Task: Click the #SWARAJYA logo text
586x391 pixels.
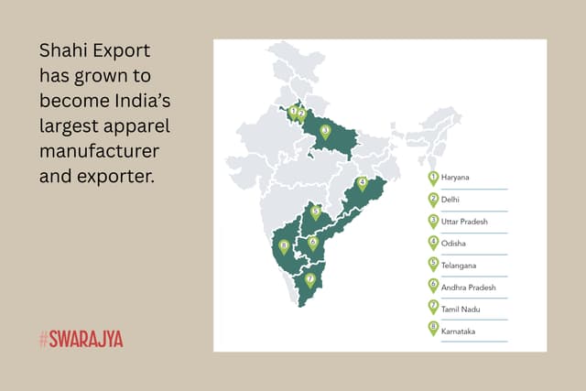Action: click(81, 339)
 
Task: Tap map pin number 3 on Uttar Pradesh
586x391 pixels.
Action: click(325, 131)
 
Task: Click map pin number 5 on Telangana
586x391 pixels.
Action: click(316, 212)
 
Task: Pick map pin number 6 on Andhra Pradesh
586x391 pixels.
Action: click(313, 243)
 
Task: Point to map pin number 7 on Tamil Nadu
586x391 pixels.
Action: click(310, 279)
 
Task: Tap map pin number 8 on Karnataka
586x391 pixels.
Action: click(284, 246)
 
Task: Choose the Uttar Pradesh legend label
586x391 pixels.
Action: click(464, 221)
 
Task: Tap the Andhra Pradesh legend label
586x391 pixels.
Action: click(468, 288)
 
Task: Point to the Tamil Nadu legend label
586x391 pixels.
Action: click(460, 310)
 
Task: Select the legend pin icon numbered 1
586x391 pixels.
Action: click(433, 177)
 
